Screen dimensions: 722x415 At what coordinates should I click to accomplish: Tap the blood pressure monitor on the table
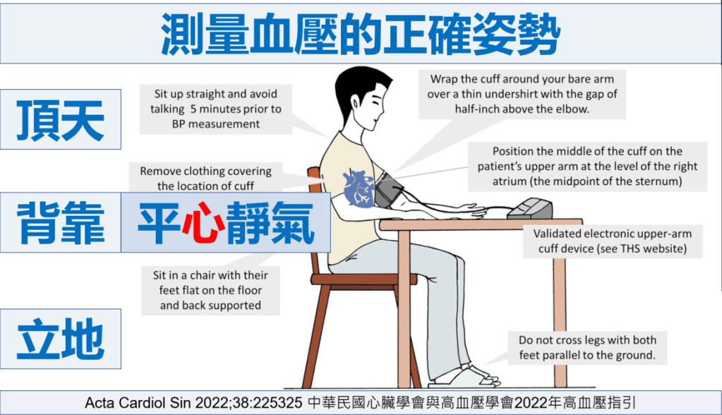[x=530, y=209]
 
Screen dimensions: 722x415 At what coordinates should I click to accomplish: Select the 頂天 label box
[x=61, y=119]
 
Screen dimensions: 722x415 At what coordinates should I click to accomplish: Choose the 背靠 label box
[x=61, y=222]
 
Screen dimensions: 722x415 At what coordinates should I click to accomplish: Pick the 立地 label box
[x=61, y=339]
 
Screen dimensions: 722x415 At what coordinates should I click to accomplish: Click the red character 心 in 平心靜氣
[x=203, y=223]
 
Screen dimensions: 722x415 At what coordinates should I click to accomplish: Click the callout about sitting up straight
[x=215, y=109]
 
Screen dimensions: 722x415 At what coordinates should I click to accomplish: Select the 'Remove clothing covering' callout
[x=206, y=179]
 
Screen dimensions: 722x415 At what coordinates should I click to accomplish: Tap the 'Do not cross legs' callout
[x=587, y=348]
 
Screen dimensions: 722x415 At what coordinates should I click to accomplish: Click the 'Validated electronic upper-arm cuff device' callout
[x=613, y=241]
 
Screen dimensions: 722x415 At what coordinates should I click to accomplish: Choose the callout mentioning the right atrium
[x=587, y=167]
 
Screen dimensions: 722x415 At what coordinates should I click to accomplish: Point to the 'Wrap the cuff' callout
[x=522, y=94]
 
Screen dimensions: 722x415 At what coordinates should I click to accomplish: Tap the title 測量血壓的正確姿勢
[x=361, y=34]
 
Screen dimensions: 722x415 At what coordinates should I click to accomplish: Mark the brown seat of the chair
[x=363, y=279]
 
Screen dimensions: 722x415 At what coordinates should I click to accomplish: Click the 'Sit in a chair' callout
[x=210, y=290]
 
